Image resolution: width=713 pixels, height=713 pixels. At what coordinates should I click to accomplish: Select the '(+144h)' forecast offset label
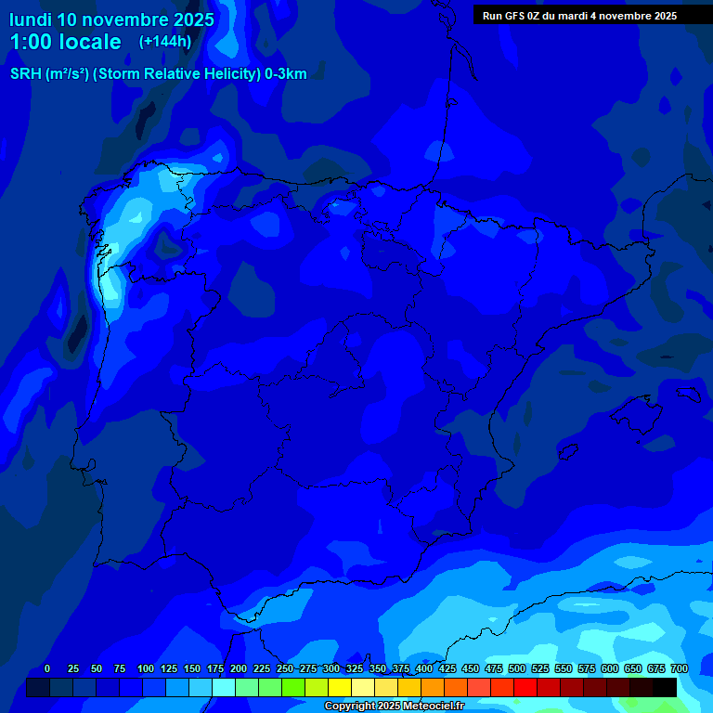[165, 41]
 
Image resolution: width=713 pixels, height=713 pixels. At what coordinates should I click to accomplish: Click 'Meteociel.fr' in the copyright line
[425, 707]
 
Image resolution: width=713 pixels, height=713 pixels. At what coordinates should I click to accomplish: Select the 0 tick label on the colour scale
[47, 668]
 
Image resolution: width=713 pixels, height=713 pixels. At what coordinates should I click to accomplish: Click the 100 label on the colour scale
[145, 668]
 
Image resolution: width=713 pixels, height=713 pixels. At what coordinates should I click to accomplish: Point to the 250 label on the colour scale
[284, 668]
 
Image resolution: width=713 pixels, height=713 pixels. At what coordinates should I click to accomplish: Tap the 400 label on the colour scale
[424, 668]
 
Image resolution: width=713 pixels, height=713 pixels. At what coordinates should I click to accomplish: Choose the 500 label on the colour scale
[517, 668]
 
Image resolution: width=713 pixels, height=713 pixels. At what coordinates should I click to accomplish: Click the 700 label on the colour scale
[679, 668]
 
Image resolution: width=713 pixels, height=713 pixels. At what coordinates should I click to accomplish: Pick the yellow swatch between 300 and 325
[340, 687]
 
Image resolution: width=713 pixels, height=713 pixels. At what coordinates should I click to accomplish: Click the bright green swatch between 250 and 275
[293, 687]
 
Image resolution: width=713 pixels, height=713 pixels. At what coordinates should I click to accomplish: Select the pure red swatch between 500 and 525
[525, 687]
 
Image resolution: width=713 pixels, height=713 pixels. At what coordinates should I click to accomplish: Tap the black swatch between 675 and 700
[665, 687]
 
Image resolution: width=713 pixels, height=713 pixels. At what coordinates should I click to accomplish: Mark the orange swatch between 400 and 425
[433, 687]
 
